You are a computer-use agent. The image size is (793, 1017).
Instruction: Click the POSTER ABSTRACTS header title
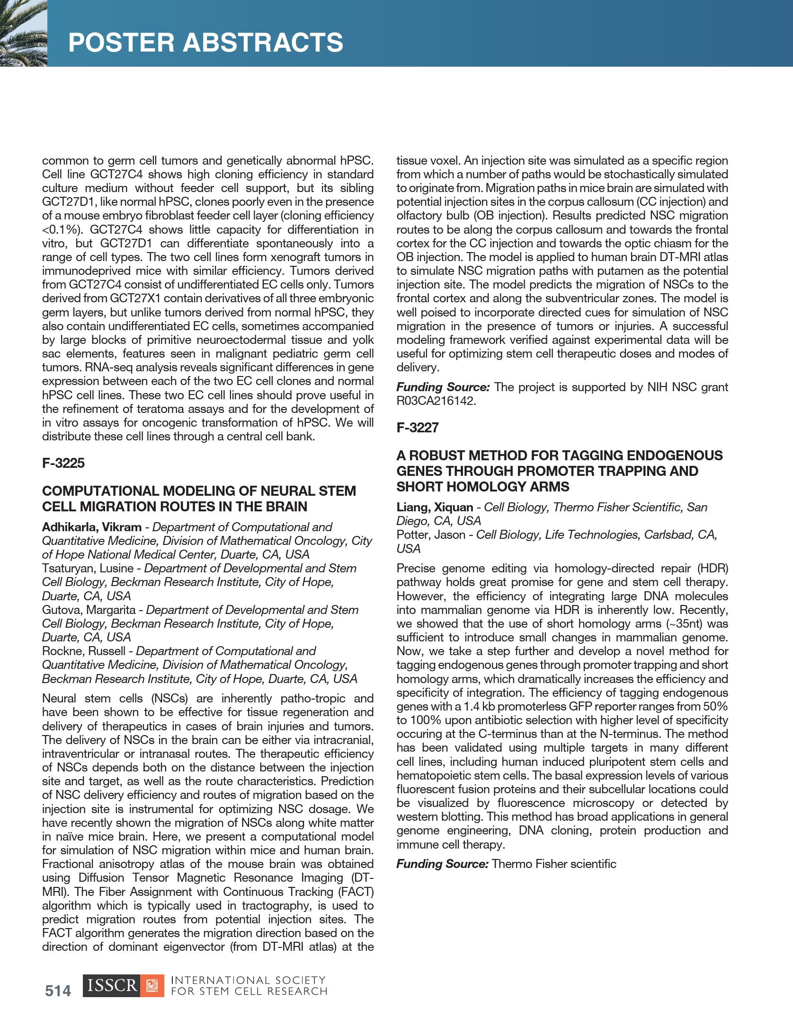[x=205, y=43]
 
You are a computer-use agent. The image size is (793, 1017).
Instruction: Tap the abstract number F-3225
[x=63, y=463]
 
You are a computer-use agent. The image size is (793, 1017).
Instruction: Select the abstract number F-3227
[x=418, y=428]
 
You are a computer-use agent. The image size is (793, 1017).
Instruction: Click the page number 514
[x=58, y=991]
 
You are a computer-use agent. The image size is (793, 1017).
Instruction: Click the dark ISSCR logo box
[x=112, y=986]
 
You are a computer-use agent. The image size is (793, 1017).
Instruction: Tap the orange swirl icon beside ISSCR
[x=152, y=986]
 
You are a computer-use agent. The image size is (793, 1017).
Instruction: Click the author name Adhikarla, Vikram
[x=92, y=527]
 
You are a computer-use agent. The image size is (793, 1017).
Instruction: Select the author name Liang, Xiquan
[x=435, y=507]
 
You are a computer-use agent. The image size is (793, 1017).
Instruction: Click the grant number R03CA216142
[x=435, y=401]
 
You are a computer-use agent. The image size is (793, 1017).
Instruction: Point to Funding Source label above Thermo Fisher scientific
[x=442, y=864]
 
